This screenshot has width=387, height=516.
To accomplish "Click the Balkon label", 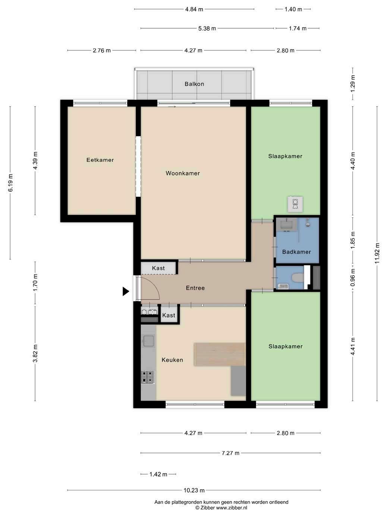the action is pos(194,84).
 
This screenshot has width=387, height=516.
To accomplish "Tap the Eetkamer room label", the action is pos(100,160).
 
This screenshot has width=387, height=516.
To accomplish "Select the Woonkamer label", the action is pos(183,173).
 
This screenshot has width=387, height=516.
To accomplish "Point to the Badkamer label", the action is pos(296,252).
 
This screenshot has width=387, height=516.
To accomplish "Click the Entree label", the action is pos(195,288).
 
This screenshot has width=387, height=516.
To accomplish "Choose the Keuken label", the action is pos(172,360).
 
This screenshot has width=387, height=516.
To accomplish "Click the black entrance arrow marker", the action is pos(126,292).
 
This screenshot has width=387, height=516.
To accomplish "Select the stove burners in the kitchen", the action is pos(148,377).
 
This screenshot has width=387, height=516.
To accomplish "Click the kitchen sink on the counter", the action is pos(148,341).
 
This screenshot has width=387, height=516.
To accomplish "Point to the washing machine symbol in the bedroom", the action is pos(295,204).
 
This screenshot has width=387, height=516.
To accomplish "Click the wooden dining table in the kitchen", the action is pos(220,354).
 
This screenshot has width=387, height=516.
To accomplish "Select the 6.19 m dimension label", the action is pos(10,183).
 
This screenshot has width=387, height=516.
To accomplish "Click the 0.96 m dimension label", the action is pos(352,278).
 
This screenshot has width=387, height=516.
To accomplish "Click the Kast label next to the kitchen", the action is pos(169,315).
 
